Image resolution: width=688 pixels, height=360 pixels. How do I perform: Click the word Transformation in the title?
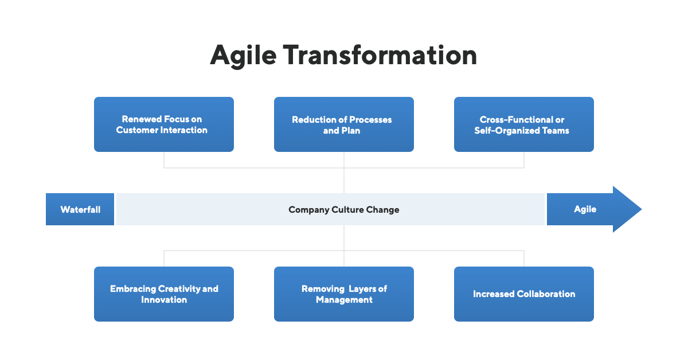point(380,56)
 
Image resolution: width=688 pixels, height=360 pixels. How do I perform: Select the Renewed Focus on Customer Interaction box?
point(164,124)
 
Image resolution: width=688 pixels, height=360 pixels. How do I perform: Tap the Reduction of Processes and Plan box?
point(344,124)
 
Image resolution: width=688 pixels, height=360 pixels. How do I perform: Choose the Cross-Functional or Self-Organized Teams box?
point(523,124)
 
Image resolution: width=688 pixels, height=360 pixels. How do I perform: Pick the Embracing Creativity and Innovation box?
point(164,294)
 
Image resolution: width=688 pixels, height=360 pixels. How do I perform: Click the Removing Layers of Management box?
point(344,294)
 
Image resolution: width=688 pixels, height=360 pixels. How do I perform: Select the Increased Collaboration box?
point(523,294)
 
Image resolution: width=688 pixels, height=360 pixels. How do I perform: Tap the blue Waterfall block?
point(80,209)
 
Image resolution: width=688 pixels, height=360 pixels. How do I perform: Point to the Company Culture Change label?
point(344,210)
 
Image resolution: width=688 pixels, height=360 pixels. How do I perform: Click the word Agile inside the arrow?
point(585,209)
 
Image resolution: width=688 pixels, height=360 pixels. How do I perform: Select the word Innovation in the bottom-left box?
point(164,300)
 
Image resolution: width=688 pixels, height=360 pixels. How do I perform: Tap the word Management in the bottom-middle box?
point(344,300)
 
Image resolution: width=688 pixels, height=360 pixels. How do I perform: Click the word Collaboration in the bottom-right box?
point(546,294)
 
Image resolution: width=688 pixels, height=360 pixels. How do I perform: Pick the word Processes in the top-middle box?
point(366,120)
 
